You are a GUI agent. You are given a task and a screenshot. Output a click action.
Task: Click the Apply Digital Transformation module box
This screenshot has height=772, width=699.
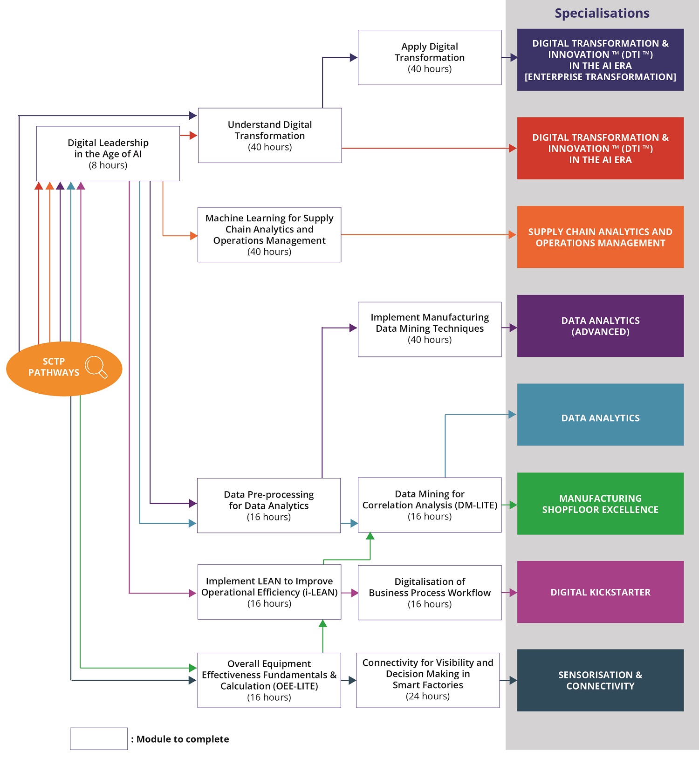pyautogui.click(x=430, y=57)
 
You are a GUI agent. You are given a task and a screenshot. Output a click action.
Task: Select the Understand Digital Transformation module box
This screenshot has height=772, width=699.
pyautogui.click(x=270, y=136)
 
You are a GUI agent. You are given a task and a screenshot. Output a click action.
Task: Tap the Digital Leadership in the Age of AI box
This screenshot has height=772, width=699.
pyautogui.click(x=108, y=154)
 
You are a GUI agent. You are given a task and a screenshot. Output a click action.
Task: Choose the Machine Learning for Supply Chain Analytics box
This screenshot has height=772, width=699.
pyautogui.click(x=269, y=235)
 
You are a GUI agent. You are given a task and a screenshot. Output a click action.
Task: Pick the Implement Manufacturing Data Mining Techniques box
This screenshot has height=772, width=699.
pyautogui.click(x=430, y=329)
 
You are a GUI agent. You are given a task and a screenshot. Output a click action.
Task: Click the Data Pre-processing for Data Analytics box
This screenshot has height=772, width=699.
pyautogui.click(x=269, y=506)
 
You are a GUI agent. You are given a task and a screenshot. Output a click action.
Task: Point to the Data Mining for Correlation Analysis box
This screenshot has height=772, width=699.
pyautogui.click(x=430, y=505)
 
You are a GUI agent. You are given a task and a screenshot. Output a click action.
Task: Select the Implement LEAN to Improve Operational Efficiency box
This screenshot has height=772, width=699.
pyautogui.click(x=269, y=592)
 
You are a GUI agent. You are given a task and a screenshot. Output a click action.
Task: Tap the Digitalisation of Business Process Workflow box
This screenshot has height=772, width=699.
pyautogui.click(x=430, y=593)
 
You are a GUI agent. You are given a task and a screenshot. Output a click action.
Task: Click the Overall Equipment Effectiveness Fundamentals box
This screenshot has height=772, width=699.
pyautogui.click(x=269, y=680)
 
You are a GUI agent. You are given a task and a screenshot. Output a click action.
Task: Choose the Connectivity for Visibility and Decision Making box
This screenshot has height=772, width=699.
pyautogui.click(x=428, y=680)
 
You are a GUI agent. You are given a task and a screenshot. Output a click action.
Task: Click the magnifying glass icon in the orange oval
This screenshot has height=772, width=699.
pyautogui.click(x=96, y=367)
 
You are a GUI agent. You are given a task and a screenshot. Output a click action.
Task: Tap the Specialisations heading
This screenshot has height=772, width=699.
pyautogui.click(x=602, y=13)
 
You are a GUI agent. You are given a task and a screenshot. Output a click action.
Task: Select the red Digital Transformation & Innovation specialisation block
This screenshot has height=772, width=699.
pyautogui.click(x=600, y=148)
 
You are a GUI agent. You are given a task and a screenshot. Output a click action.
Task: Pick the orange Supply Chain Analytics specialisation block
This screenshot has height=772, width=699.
pyautogui.click(x=600, y=237)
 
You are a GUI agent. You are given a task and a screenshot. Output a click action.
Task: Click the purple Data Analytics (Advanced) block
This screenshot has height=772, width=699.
pyautogui.click(x=600, y=326)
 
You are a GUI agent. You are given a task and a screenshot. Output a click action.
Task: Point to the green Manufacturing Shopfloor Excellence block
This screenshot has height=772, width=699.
pyautogui.click(x=600, y=504)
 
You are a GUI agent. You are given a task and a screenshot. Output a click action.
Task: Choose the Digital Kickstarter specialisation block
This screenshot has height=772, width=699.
pyautogui.click(x=600, y=592)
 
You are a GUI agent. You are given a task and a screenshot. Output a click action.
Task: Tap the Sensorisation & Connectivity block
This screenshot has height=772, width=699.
pyautogui.click(x=600, y=680)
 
